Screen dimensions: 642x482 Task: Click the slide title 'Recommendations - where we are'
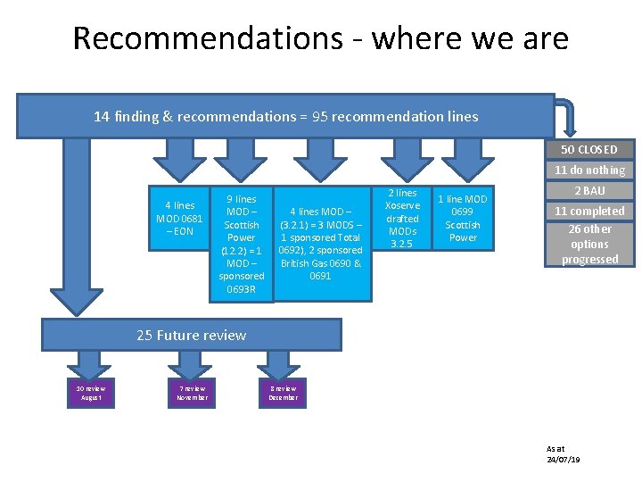(x=320, y=38)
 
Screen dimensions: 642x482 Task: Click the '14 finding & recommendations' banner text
(x=285, y=117)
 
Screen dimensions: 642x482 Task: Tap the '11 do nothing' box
(x=589, y=170)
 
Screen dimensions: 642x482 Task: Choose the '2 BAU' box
(x=589, y=190)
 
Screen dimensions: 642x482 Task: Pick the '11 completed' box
(x=589, y=211)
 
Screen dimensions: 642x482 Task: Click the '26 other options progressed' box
(x=589, y=244)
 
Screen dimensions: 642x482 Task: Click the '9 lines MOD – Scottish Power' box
(x=241, y=243)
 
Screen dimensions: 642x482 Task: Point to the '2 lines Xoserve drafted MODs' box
(x=402, y=219)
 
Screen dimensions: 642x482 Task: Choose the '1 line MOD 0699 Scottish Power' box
(x=463, y=219)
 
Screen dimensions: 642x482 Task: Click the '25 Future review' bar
(x=192, y=335)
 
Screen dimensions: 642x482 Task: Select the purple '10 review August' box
(x=91, y=393)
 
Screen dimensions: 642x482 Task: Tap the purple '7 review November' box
(x=193, y=393)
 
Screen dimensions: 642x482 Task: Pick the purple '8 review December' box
(x=284, y=393)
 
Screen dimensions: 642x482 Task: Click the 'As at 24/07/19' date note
(x=563, y=453)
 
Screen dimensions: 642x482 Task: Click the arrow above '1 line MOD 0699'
(x=463, y=159)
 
